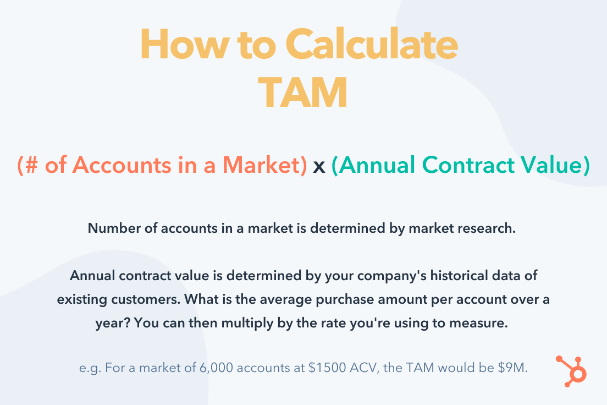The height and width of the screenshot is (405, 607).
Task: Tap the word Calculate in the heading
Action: click(x=372, y=44)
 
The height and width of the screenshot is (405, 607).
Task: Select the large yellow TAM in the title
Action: click(x=303, y=93)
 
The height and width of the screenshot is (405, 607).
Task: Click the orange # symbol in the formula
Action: click(x=32, y=165)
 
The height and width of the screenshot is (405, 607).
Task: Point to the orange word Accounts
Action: click(x=122, y=165)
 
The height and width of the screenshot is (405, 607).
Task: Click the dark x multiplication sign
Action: click(x=319, y=167)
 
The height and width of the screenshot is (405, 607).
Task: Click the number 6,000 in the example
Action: click(x=217, y=368)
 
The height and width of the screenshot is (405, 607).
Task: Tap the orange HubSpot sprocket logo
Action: click(x=572, y=371)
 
